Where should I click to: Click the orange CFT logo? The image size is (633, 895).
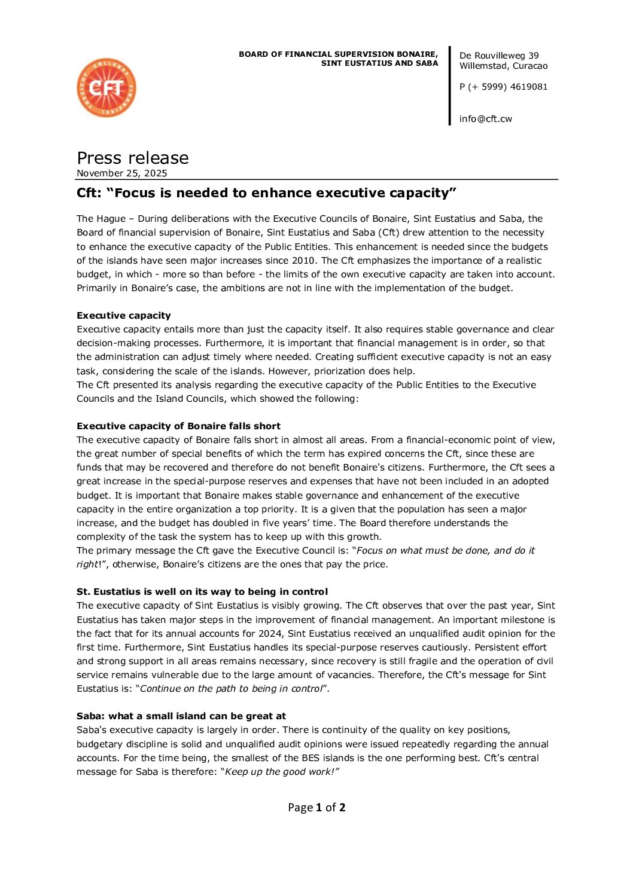tap(106, 88)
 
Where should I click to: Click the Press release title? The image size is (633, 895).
tap(133, 158)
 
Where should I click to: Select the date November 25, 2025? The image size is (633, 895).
tap(122, 173)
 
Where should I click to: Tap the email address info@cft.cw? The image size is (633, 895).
tap(486, 119)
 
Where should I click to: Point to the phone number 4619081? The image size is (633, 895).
tap(529, 87)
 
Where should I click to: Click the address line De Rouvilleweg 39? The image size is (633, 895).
tap(499, 56)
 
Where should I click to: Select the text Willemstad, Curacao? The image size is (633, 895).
tap(503, 66)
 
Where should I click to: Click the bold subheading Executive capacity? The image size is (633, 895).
tap(124, 316)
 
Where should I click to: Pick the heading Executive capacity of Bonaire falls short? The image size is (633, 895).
tap(178, 426)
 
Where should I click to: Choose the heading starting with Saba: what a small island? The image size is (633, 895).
tap(181, 716)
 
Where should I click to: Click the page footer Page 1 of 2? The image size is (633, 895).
tap(316, 808)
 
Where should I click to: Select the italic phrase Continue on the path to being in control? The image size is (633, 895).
tap(231, 689)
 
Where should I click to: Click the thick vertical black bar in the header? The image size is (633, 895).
tap(450, 85)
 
